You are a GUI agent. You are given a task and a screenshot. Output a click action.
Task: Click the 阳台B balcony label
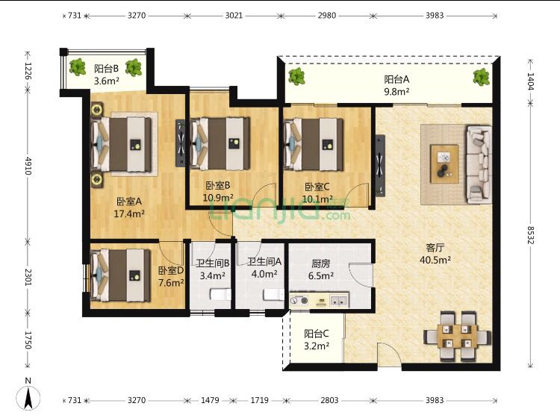[x=106, y=68]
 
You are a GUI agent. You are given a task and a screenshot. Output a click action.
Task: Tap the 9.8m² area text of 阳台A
[x=396, y=92]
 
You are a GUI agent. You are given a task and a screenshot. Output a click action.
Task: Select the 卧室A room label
[x=129, y=202]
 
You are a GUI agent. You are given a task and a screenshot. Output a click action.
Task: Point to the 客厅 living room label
[x=435, y=247]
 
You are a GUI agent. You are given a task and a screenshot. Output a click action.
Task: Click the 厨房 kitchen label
[x=321, y=263]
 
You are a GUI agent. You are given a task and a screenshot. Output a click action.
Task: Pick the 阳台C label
[x=317, y=334]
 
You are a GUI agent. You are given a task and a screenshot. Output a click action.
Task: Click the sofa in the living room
[x=478, y=164]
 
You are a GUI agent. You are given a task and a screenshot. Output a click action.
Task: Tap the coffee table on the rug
[x=444, y=164]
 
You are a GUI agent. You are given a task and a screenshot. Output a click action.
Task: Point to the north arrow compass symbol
[x=28, y=396]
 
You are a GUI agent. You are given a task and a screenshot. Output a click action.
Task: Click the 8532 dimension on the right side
[x=531, y=235]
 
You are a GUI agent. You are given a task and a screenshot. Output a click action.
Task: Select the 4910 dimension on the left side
[x=28, y=165]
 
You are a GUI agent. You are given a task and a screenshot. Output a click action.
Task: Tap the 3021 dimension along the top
[x=234, y=16]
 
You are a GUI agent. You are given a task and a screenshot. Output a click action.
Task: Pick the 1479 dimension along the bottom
[x=210, y=400]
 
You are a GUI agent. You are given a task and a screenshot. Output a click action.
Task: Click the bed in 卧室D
[x=120, y=275]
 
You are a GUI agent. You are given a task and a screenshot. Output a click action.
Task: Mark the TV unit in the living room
[x=380, y=166]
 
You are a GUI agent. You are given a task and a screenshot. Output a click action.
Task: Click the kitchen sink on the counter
[x=339, y=301]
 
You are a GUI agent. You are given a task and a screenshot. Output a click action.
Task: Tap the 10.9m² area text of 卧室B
[x=218, y=197]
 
